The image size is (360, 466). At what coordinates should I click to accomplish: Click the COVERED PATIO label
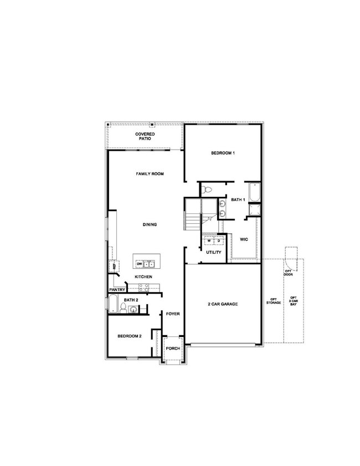point(145,136)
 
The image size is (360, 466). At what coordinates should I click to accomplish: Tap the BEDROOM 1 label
point(223,153)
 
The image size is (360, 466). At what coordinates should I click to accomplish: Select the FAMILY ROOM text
point(150,174)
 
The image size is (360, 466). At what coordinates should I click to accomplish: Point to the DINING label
point(150,224)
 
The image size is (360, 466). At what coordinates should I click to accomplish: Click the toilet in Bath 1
point(208,190)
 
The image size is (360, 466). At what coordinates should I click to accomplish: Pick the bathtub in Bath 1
point(254,192)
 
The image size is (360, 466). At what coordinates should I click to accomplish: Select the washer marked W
point(209,241)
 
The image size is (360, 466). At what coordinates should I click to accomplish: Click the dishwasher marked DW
point(140,264)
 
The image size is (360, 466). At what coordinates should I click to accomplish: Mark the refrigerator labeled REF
point(114,267)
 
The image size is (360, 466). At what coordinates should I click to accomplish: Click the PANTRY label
point(116,289)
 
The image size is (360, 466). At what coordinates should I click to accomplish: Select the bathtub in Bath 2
point(113,304)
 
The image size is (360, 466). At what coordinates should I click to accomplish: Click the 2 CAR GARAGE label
point(223,304)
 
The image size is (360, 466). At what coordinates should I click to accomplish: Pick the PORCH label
point(173,349)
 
